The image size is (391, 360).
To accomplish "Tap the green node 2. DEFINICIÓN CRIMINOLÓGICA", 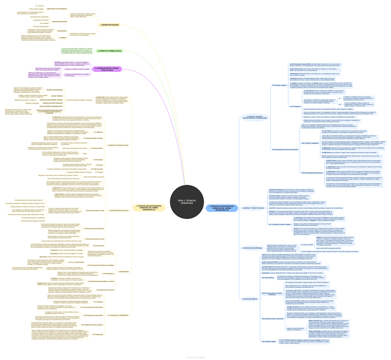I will [x=110, y=51].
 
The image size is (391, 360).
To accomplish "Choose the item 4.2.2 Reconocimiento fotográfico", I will [x=95, y=229].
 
